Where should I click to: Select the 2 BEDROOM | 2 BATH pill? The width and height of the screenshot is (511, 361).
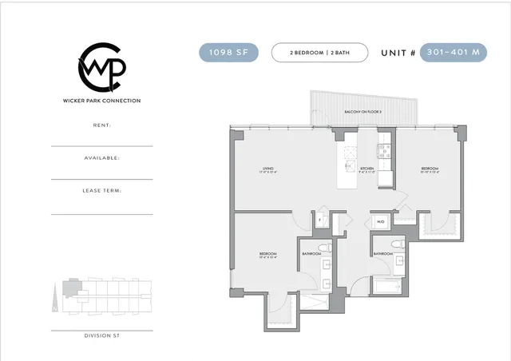pos(319,53)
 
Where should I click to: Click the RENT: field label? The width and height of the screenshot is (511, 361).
pos(101,125)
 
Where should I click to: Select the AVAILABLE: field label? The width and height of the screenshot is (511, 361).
pos(101,158)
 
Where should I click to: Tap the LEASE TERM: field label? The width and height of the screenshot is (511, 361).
pos(101,191)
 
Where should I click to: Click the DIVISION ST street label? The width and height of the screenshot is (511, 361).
pos(101,335)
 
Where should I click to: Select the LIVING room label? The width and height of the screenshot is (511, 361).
pos(268,169)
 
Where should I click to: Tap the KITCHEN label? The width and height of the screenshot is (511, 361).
pos(366,169)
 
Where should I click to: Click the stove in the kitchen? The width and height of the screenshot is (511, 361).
pos(383,149)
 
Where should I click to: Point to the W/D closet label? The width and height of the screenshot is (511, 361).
pos(380,221)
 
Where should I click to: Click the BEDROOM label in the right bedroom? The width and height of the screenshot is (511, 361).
pos(430,169)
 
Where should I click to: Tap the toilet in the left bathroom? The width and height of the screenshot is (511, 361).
pos(319,247)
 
